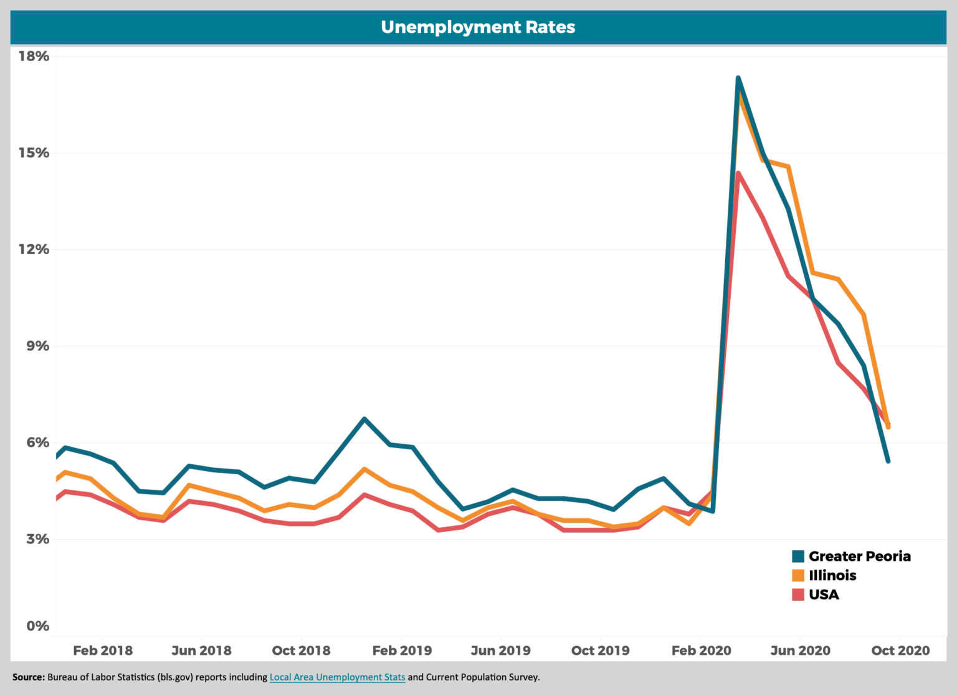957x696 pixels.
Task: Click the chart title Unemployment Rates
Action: click(x=478, y=27)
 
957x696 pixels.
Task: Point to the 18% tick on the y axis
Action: click(x=34, y=57)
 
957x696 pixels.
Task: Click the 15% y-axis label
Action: click(x=34, y=153)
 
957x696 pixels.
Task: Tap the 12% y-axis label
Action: click(x=34, y=250)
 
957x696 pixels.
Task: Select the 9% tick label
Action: click(x=37, y=346)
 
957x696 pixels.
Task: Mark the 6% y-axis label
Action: click(x=37, y=443)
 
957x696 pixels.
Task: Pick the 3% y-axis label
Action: click(x=37, y=540)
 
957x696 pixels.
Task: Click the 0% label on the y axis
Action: click(x=37, y=626)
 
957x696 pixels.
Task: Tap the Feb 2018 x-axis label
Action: click(x=103, y=651)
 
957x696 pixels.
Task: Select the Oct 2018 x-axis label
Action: click(x=302, y=651)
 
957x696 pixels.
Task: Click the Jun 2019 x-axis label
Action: click(x=501, y=651)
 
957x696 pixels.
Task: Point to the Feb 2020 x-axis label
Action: click(x=701, y=651)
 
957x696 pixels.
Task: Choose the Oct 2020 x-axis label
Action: click(x=900, y=651)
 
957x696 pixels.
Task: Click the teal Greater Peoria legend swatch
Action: click(x=798, y=556)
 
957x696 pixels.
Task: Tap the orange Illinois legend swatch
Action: click(x=798, y=576)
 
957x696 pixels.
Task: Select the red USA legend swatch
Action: click(x=798, y=595)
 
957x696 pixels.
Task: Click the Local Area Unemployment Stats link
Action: click(x=337, y=677)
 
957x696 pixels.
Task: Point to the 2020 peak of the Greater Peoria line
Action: click(x=738, y=79)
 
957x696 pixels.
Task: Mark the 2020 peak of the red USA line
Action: click(x=738, y=174)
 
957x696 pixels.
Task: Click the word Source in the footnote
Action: click(x=28, y=677)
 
